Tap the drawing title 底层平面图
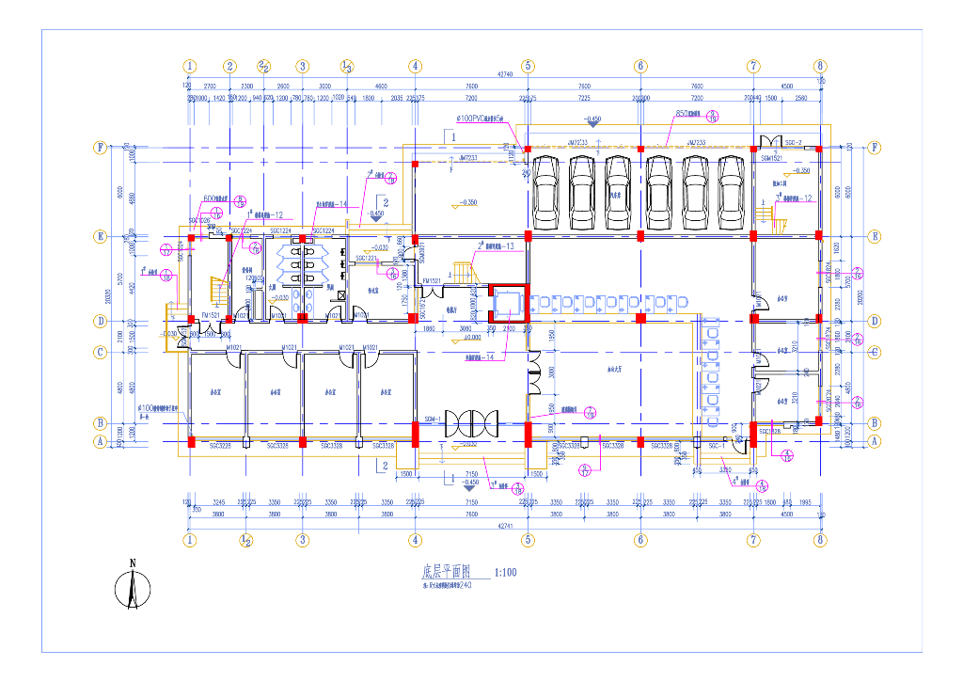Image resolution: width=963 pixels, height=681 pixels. click(444, 572)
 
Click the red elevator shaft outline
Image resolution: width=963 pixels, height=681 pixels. click(508, 303)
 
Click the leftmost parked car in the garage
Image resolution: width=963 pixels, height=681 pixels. click(545, 191)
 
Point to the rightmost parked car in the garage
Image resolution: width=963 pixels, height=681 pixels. click(731, 191)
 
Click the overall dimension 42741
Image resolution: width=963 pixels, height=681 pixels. click(506, 527)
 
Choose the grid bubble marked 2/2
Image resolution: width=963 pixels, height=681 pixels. click(264, 66)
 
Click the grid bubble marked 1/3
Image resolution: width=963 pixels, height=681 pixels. click(346, 66)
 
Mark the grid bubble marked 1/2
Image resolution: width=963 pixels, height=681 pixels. click(245, 541)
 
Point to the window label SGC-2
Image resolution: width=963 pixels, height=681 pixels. click(792, 142)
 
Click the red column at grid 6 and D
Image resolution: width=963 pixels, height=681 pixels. click(640, 319)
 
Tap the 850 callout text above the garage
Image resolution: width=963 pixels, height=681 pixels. click(687, 114)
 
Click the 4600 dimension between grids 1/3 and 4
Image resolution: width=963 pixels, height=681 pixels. click(381, 86)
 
